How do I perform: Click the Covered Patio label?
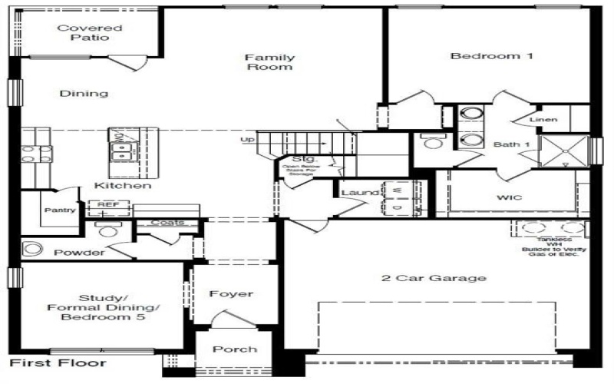coord(90,32)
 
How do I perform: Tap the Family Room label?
coord(269,61)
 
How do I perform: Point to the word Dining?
coord(83,94)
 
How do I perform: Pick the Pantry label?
coord(58,210)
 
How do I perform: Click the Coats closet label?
coord(167,223)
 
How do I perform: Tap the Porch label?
coord(235,349)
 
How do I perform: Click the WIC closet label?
coord(509,198)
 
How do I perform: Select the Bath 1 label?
coord(507,144)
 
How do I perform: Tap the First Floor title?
coord(58,362)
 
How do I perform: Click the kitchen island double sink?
coord(121,150)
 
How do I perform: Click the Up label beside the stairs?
coord(248,140)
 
